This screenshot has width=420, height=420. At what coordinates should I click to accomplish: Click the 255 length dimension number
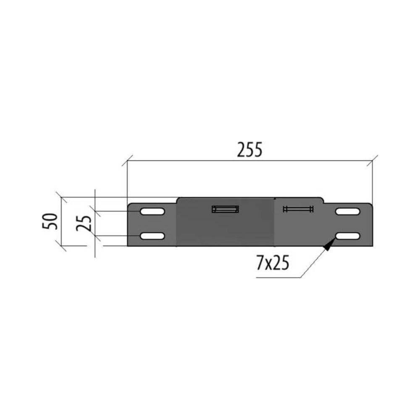(x=249, y=150)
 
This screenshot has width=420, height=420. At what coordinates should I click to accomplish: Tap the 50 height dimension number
(x=50, y=221)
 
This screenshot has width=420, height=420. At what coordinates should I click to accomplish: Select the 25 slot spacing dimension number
(x=84, y=223)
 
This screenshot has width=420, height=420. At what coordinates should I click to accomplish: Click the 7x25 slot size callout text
(x=273, y=263)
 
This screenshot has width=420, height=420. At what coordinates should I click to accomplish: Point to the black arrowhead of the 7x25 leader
(x=329, y=244)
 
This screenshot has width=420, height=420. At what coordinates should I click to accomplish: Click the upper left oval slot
(x=152, y=211)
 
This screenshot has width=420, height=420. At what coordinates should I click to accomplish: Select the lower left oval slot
(x=152, y=236)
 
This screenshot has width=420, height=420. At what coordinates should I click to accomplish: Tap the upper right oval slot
(x=348, y=211)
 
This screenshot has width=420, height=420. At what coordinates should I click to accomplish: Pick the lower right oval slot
(x=348, y=236)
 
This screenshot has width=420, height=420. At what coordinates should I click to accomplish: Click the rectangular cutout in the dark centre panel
(x=225, y=209)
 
